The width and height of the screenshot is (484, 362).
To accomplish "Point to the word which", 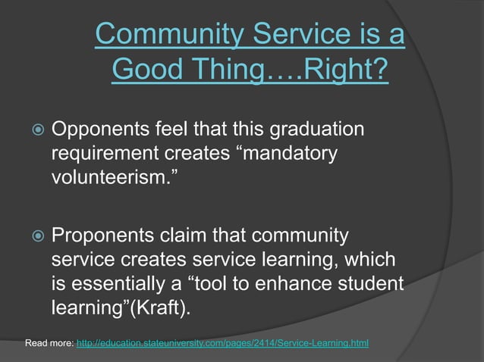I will pos(369,260).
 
